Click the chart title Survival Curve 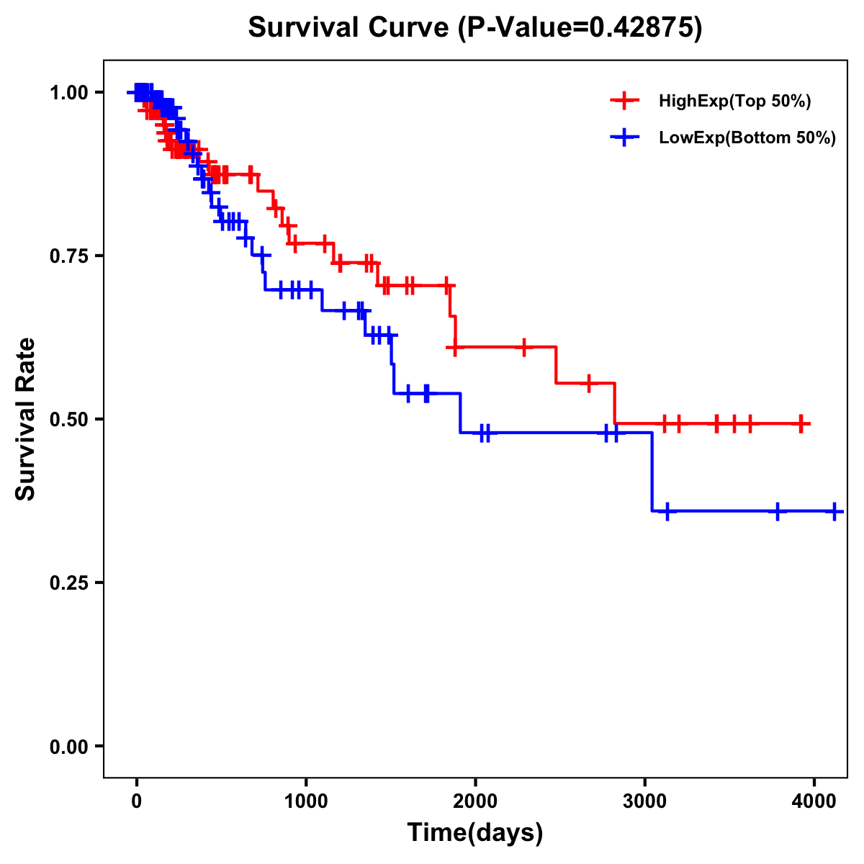(351, 27)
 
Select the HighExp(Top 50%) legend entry (734, 102)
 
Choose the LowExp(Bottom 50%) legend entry (747, 138)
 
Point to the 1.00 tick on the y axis (68, 92)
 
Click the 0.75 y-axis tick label (68, 256)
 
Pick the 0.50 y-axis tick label (68, 419)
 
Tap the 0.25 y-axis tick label (68, 582)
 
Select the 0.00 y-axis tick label (68, 746)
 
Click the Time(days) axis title (475, 833)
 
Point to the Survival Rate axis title (27, 419)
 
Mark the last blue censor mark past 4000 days (834, 511)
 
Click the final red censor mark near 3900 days (801, 423)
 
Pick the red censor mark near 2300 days (524, 347)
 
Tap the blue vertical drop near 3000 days (652, 472)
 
